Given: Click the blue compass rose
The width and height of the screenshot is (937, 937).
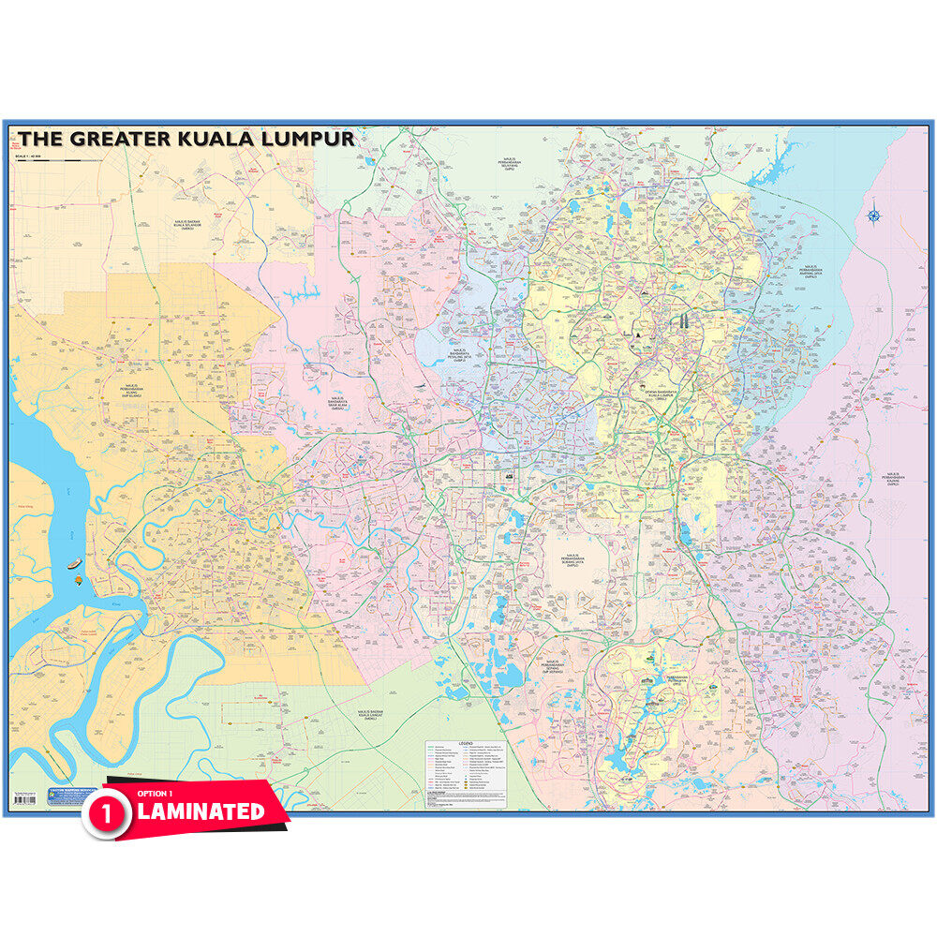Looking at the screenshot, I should click(873, 216).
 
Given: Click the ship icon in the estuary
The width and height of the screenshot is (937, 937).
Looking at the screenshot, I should click(73, 564).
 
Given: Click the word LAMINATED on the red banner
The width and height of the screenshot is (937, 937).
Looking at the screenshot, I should click(201, 811).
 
